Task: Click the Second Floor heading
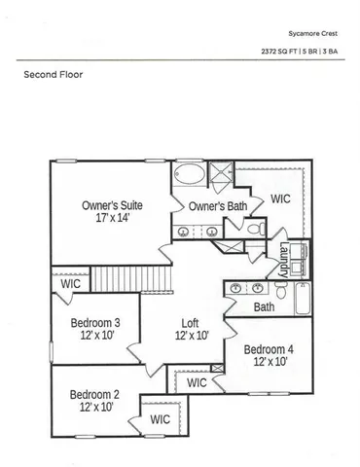tap(52, 74)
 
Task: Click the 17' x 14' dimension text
tap(113, 221)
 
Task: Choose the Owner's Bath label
tap(218, 206)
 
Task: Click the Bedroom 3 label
tap(95, 323)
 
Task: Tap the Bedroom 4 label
tap(269, 349)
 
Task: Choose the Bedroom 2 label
tap(94, 394)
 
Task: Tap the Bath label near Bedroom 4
tap(264, 307)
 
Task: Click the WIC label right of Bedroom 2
tap(161, 419)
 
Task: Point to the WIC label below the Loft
tap(197, 383)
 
